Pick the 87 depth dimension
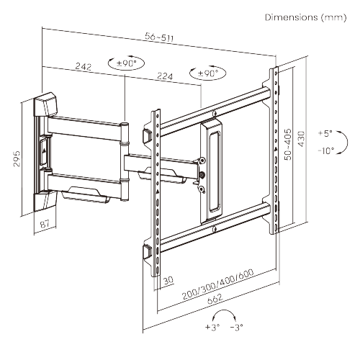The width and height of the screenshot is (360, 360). [44, 225]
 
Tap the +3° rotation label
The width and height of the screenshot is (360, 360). [212, 327]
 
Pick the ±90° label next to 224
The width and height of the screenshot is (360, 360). [207, 73]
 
